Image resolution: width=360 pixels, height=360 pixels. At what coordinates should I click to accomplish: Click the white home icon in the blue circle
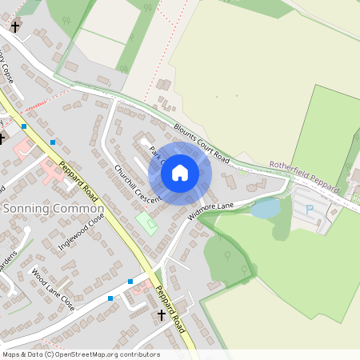point(180,172)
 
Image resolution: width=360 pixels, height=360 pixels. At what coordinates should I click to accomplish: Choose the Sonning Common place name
point(42,208)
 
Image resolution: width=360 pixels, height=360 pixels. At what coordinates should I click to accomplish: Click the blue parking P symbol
point(309,209)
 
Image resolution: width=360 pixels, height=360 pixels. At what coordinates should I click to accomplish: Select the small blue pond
point(265,209)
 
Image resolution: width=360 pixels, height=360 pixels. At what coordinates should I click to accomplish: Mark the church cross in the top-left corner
point(14,26)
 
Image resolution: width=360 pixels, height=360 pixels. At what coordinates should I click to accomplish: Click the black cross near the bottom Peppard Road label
point(161,316)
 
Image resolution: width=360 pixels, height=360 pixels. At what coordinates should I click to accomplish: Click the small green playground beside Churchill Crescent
point(146,222)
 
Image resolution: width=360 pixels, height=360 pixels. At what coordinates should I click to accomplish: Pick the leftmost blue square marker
point(25,126)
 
